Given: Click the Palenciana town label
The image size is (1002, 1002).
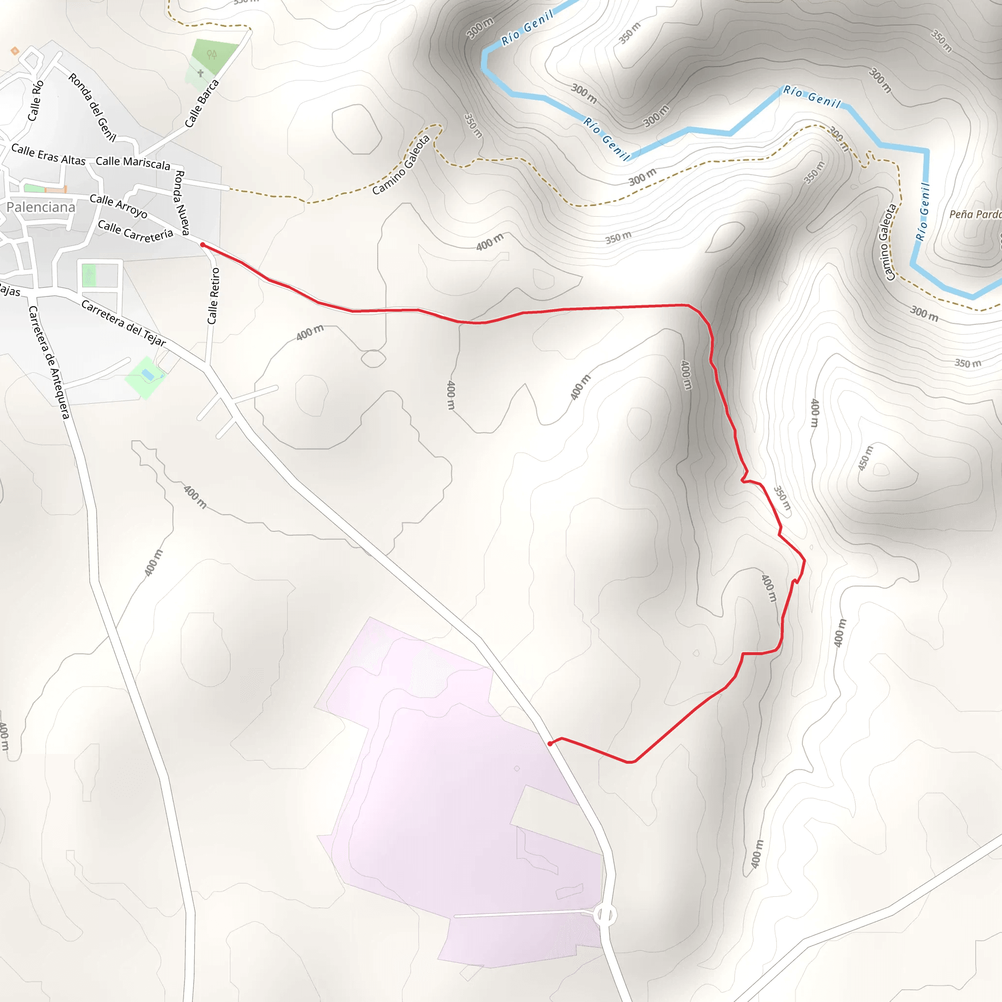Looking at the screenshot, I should point(41,207).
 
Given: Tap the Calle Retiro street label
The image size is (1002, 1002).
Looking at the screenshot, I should point(213,296).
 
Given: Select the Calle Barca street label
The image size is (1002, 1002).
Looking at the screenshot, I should point(202,104).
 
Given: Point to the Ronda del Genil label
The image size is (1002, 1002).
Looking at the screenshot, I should point(92,107).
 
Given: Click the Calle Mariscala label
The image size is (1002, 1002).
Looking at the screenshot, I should point(133,163).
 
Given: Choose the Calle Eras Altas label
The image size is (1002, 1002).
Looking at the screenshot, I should point(48,155).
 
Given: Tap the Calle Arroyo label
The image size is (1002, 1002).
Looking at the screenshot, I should point(118,206).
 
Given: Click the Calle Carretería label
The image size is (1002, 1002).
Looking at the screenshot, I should point(136,231).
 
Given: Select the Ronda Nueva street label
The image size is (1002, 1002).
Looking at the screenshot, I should point(182,202).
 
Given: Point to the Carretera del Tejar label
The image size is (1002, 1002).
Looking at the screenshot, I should point(123,323).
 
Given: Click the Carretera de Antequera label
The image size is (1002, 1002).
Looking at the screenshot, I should point(49,362).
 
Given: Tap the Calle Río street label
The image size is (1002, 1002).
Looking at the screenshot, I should point(35,101).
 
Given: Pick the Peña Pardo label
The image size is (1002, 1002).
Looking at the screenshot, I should point(975,214).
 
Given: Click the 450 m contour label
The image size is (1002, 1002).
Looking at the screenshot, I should point(865,458).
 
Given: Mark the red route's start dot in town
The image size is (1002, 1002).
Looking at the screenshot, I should point(202,245).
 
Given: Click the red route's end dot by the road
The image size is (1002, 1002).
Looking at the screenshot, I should point(550,744).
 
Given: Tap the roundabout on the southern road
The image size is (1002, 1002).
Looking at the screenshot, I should point(605,915).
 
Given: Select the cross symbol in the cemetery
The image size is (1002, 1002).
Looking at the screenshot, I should point(200,73).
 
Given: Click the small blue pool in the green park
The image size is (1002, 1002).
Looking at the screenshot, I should point(148,374).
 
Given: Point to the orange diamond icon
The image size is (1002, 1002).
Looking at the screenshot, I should point(15,51).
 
